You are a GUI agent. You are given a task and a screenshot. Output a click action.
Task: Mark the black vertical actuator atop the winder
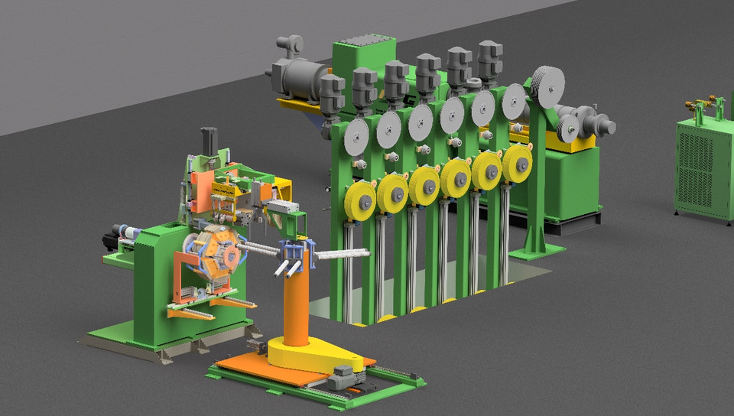(206, 141)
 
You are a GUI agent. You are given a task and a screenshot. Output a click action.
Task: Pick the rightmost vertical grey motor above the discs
(489, 59)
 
